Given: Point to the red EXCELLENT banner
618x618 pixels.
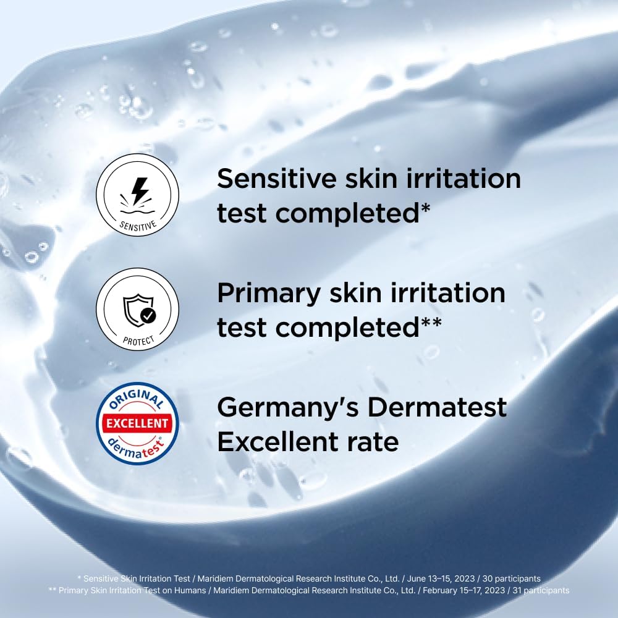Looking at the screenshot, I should [137, 423].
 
